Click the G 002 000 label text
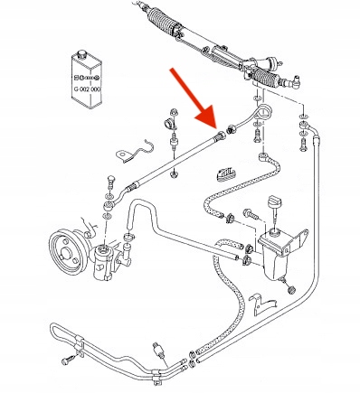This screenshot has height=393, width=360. (x=87, y=89)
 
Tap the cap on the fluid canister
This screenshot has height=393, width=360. (x=81, y=55)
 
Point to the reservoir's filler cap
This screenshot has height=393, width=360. (x=275, y=200)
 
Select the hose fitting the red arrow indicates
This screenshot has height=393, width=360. (x=221, y=136)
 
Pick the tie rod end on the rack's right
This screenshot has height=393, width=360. (x=292, y=82)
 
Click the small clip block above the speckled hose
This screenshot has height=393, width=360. (x=225, y=175)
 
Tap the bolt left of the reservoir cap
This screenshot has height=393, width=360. (x=251, y=214)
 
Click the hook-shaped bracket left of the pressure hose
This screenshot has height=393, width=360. (x=137, y=151)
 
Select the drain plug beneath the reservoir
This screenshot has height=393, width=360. (x=290, y=288)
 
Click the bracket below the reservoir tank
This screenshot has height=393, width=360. (x=261, y=304)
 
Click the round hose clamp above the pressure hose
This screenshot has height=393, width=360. (x=170, y=124)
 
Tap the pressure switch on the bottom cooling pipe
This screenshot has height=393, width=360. (x=159, y=350)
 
